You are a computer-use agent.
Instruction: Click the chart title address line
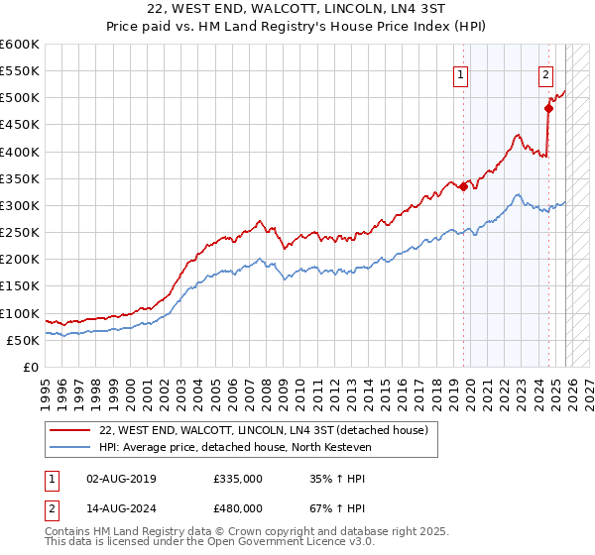pyautogui.click(x=297, y=11)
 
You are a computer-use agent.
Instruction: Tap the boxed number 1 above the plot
pyautogui.click(x=462, y=73)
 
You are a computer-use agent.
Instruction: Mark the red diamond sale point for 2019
pyautogui.click(x=463, y=186)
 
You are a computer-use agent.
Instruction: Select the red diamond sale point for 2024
pyautogui.click(x=548, y=109)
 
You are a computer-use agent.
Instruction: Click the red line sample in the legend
pyautogui.click(x=71, y=430)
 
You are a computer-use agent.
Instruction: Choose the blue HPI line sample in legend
pyautogui.click(x=71, y=448)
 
